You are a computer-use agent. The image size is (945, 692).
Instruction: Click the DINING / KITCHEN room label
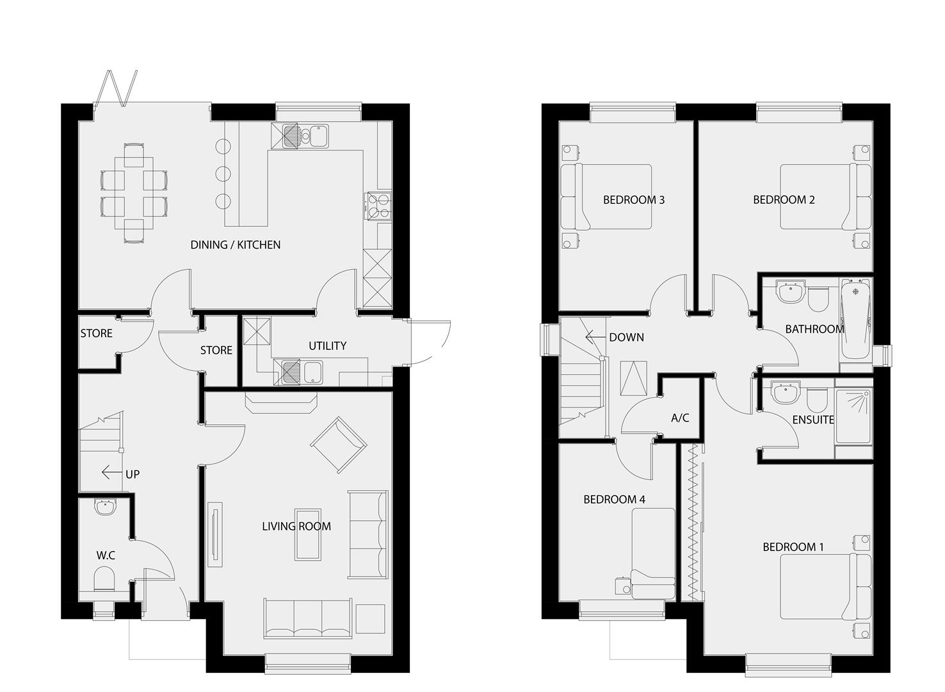236,245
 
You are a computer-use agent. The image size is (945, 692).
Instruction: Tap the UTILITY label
327,346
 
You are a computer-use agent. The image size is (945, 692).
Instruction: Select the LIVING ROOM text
296,527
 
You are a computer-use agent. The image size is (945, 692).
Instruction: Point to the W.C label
106,556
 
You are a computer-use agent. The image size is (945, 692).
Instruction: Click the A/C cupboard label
680,418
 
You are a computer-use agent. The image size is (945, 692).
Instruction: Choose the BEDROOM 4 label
614,500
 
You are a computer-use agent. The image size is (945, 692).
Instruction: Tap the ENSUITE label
813,420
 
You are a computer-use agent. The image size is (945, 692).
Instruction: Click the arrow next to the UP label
112,473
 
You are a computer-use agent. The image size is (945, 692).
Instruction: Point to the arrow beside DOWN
595,337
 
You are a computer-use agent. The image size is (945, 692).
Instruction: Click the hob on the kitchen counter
379,206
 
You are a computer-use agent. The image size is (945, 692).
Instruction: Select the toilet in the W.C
104,579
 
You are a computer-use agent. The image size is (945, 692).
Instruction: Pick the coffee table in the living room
308,534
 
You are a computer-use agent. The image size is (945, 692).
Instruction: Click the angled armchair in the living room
338,445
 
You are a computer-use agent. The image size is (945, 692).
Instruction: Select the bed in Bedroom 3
606,197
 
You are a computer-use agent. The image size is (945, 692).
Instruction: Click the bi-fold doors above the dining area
116,88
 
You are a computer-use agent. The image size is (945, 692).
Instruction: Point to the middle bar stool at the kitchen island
223,173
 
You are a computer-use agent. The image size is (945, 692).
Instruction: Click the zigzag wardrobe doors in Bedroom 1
692,522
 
